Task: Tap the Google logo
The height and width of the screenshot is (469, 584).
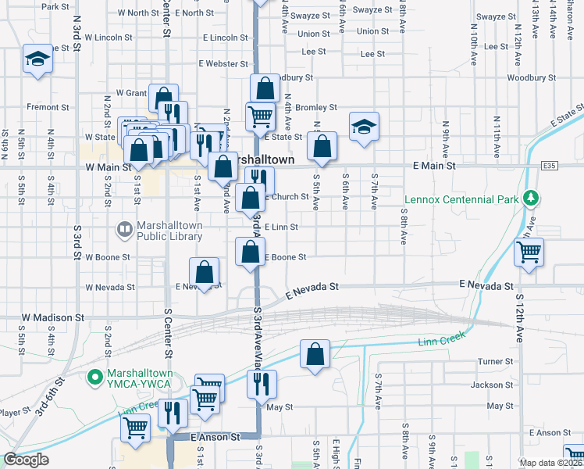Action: [26, 460]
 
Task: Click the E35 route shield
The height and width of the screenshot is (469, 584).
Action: [551, 166]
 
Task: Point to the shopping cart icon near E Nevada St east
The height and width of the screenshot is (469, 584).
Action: [529, 252]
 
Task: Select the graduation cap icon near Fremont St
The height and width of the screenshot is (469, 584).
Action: [37, 59]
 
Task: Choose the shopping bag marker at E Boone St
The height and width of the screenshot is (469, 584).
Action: [251, 252]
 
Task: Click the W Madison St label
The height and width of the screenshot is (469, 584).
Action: [53, 318]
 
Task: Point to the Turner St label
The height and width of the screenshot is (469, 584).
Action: [495, 361]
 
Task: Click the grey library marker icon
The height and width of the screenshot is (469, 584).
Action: [124, 229]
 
